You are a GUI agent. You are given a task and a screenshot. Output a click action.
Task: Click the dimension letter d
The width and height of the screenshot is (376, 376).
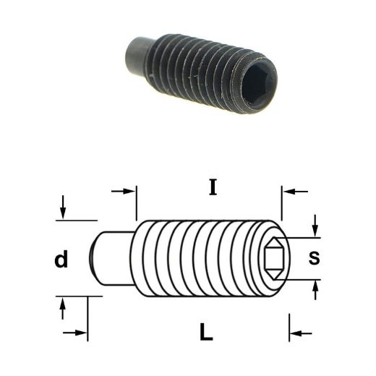tap(61, 259)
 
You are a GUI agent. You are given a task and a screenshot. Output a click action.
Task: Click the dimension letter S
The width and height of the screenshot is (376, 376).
tap(314, 258)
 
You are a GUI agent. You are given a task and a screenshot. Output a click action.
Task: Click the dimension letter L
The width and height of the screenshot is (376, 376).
tap(206, 332)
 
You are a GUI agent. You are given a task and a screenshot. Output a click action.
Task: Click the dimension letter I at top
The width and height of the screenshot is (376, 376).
tap(213, 187)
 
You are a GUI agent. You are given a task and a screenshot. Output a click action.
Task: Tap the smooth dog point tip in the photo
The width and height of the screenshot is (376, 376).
tap(137, 55)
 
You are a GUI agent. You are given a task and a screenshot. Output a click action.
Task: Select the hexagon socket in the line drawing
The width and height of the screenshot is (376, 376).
tap(274, 259)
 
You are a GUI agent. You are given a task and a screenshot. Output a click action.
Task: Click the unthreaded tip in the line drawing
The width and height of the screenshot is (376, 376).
tap(113, 258)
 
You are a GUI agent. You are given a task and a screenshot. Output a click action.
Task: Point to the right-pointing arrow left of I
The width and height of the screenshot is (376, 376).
tap(123, 192)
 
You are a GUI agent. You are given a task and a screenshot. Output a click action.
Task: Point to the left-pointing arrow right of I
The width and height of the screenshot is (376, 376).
tap(296, 192)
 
